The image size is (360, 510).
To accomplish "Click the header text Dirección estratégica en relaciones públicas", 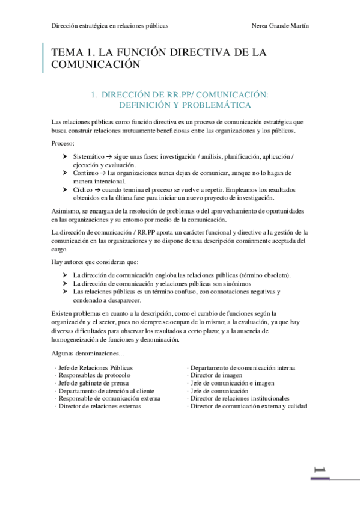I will (x=109, y=26).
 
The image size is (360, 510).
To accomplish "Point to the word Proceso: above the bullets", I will (x=63, y=145).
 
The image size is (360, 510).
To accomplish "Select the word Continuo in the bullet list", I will (x=85, y=173).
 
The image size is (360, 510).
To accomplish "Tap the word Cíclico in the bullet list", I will (x=83, y=189).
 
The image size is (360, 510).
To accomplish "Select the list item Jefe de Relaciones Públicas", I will (x=96, y=367).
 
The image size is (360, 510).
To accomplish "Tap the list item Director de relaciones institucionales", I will (x=240, y=398).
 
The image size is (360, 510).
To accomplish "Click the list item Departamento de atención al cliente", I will (x=106, y=391).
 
